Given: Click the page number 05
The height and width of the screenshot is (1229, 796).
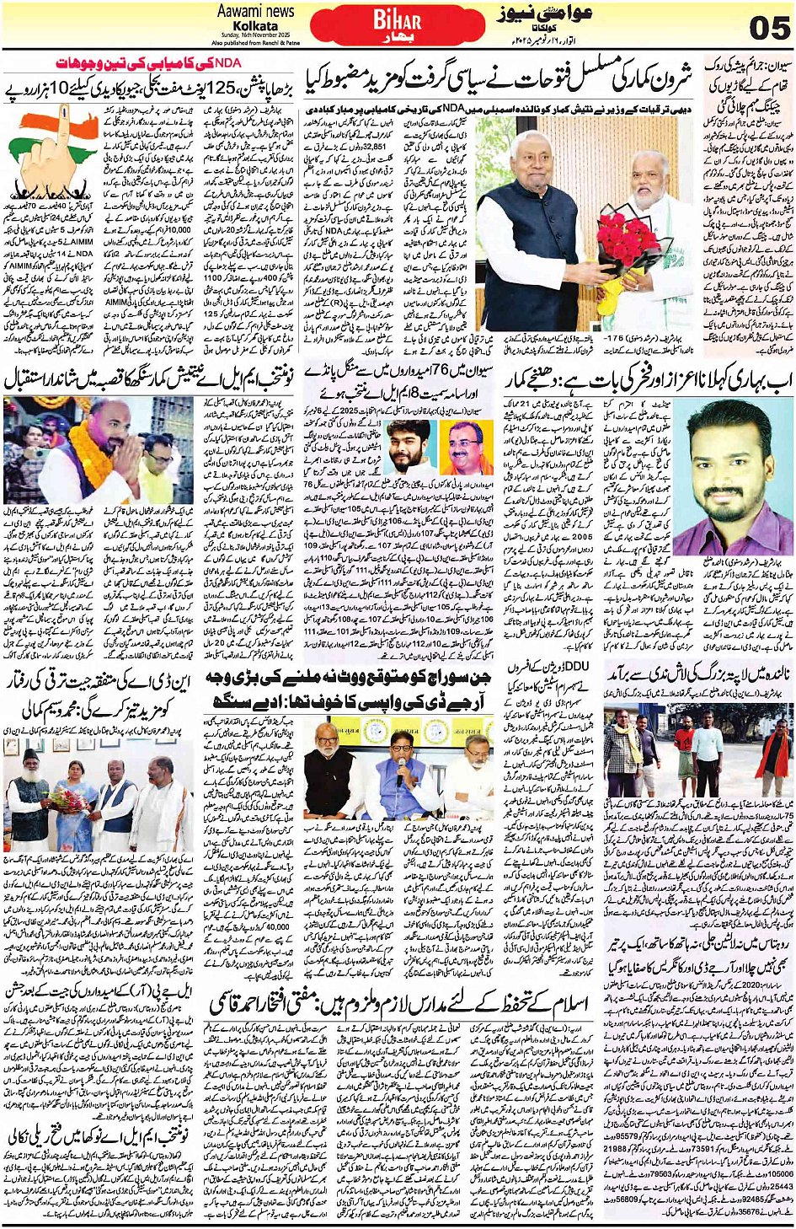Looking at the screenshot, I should (x=768, y=28).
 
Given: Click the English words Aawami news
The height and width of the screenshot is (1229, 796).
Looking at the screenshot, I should (x=255, y=12).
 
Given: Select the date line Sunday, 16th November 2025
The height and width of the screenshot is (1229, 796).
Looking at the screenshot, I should (x=255, y=35).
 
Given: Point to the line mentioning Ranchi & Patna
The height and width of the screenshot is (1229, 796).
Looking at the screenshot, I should (x=255, y=42).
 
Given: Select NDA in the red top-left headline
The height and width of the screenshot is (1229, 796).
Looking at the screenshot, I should (x=227, y=63).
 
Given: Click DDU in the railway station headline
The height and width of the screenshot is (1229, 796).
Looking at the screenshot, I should (x=574, y=668).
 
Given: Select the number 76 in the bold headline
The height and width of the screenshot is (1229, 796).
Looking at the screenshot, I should (x=402, y=371).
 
